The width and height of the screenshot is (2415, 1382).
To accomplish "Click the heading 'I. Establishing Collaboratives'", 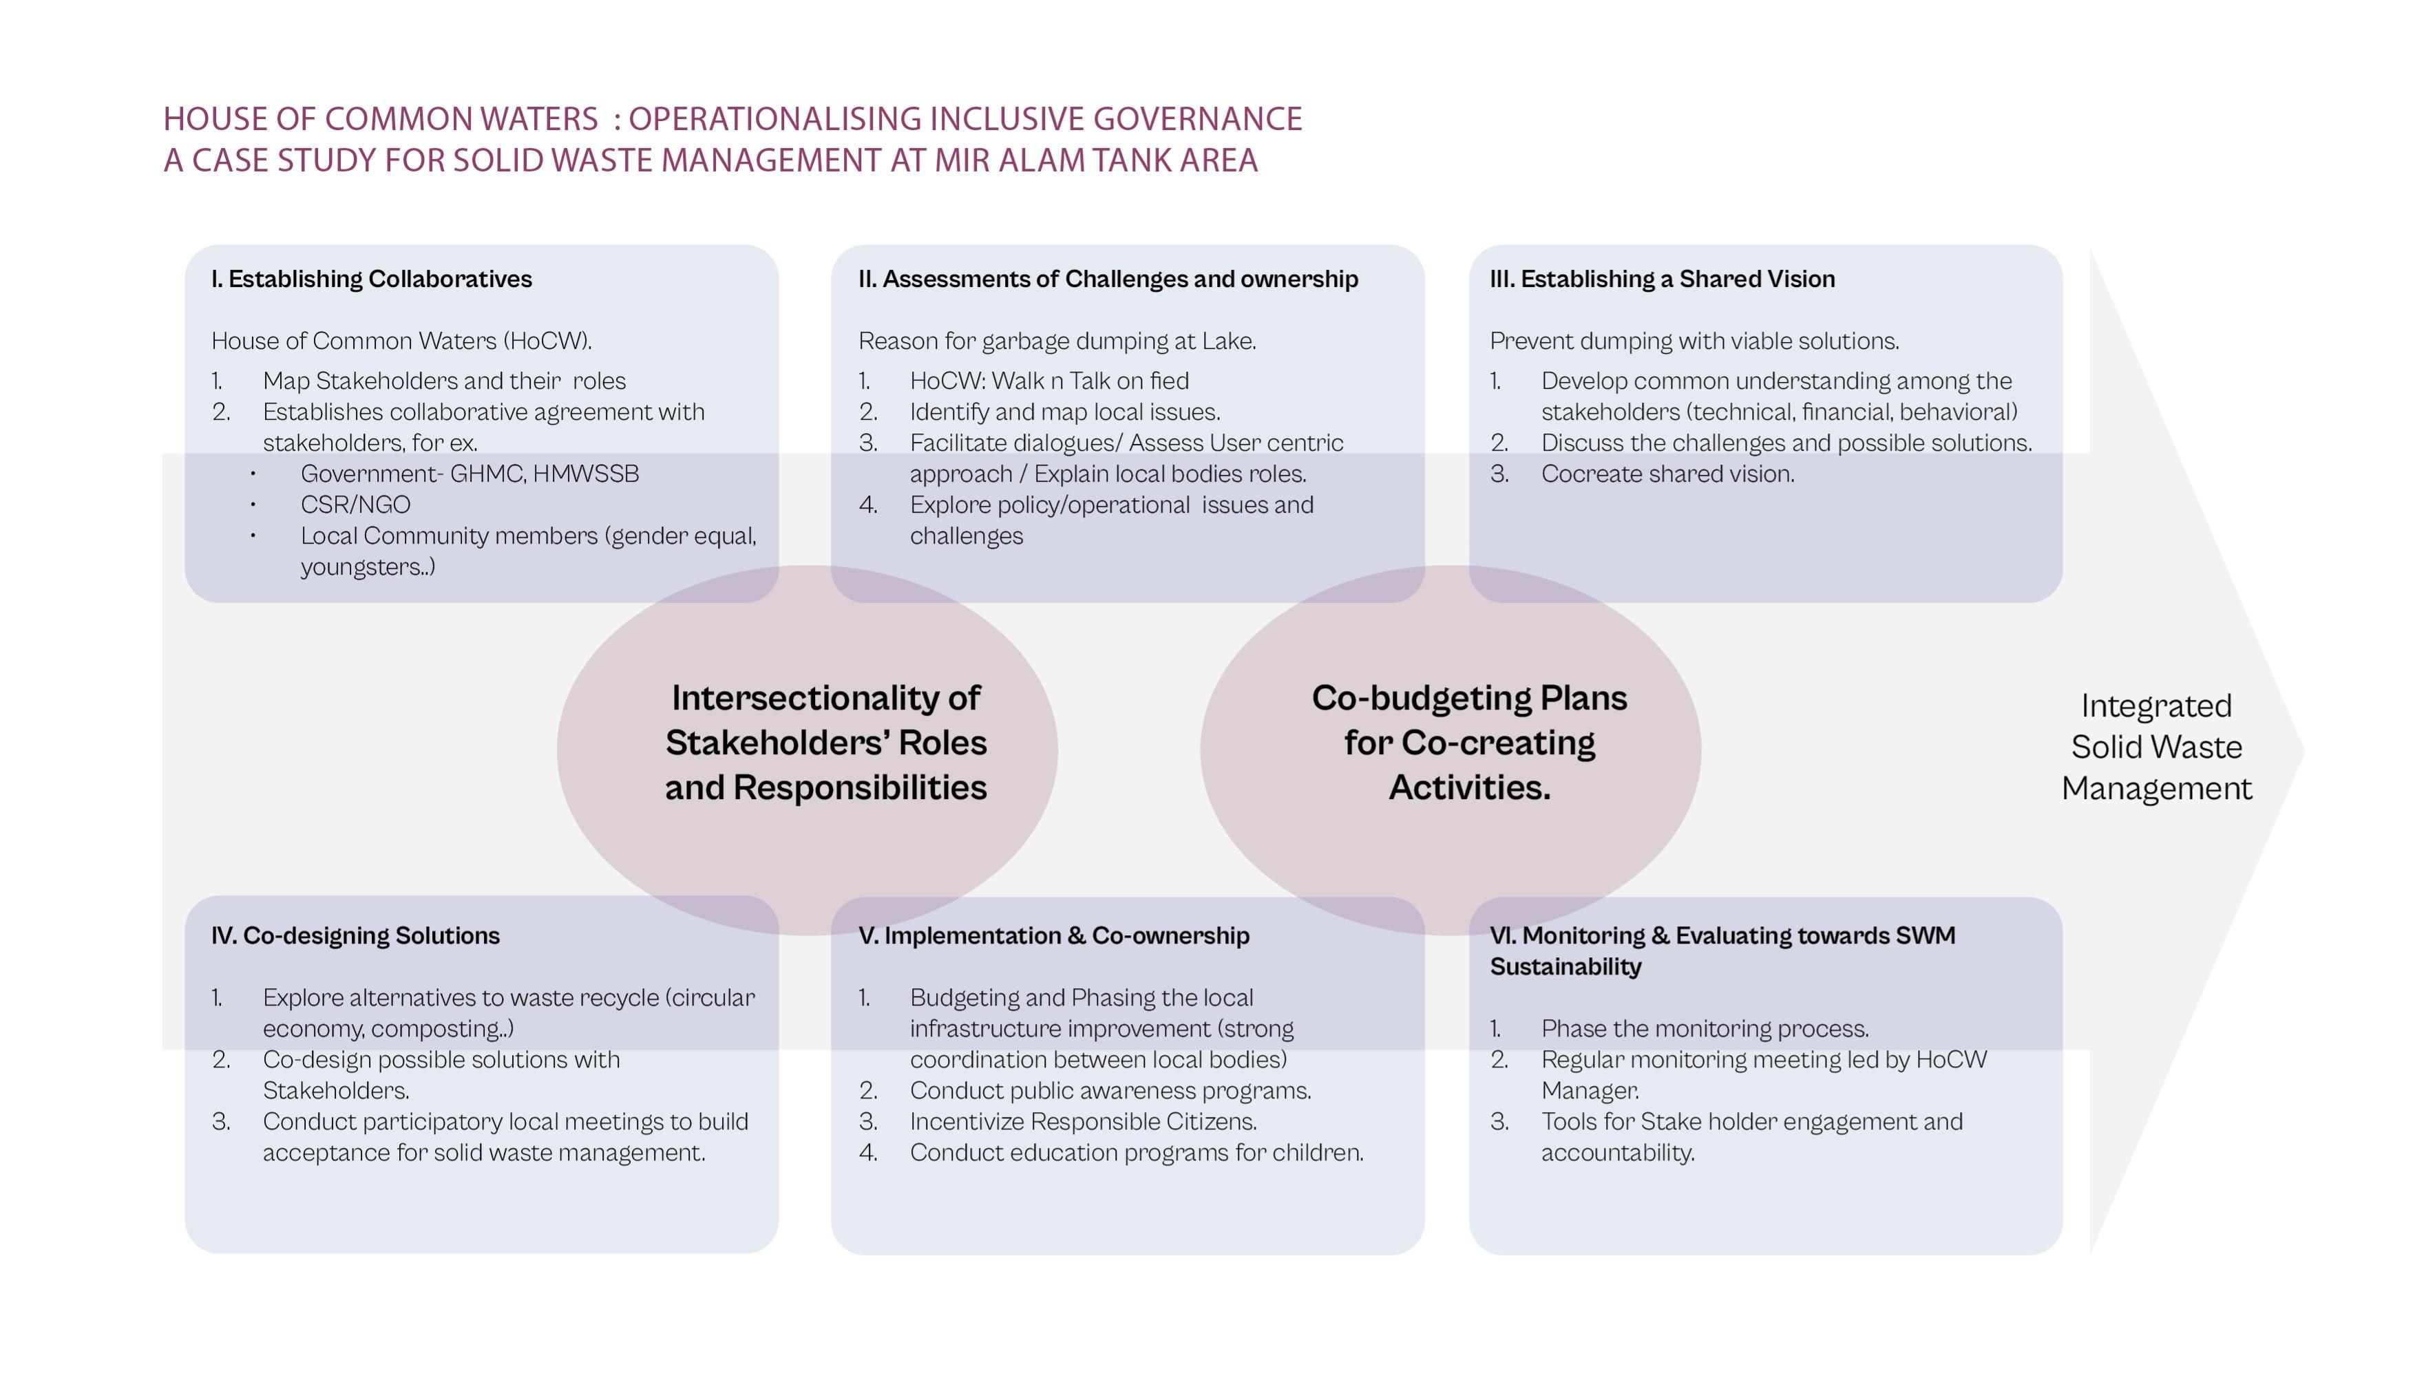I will click(371, 279).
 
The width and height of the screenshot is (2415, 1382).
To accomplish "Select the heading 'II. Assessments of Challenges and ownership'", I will click(1108, 279).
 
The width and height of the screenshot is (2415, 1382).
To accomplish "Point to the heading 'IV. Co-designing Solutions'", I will click(355, 936).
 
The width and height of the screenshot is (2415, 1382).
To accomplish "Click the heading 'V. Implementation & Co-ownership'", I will click(1054, 936).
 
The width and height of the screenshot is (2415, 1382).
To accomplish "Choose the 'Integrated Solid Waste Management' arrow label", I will click(2156, 747).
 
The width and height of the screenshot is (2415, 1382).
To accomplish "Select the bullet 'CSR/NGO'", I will click(355, 505).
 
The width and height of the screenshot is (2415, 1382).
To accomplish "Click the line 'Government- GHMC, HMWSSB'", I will click(469, 474).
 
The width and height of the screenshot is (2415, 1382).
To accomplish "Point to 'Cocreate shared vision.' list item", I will click(1667, 474).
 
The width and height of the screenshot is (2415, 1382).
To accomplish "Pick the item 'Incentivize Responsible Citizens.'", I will click(1082, 1122).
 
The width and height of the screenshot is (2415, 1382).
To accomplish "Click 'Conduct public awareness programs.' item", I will click(1110, 1091).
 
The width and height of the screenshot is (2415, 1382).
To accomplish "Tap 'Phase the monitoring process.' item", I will click(1704, 1029).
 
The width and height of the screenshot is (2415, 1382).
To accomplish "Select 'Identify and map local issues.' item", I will click(1064, 412).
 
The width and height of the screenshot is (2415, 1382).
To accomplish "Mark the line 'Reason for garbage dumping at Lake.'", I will click(1057, 341).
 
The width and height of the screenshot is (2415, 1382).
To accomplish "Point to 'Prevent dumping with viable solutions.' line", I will click(1694, 341).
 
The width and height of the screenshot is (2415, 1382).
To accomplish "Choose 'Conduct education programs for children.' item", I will click(1135, 1154).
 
